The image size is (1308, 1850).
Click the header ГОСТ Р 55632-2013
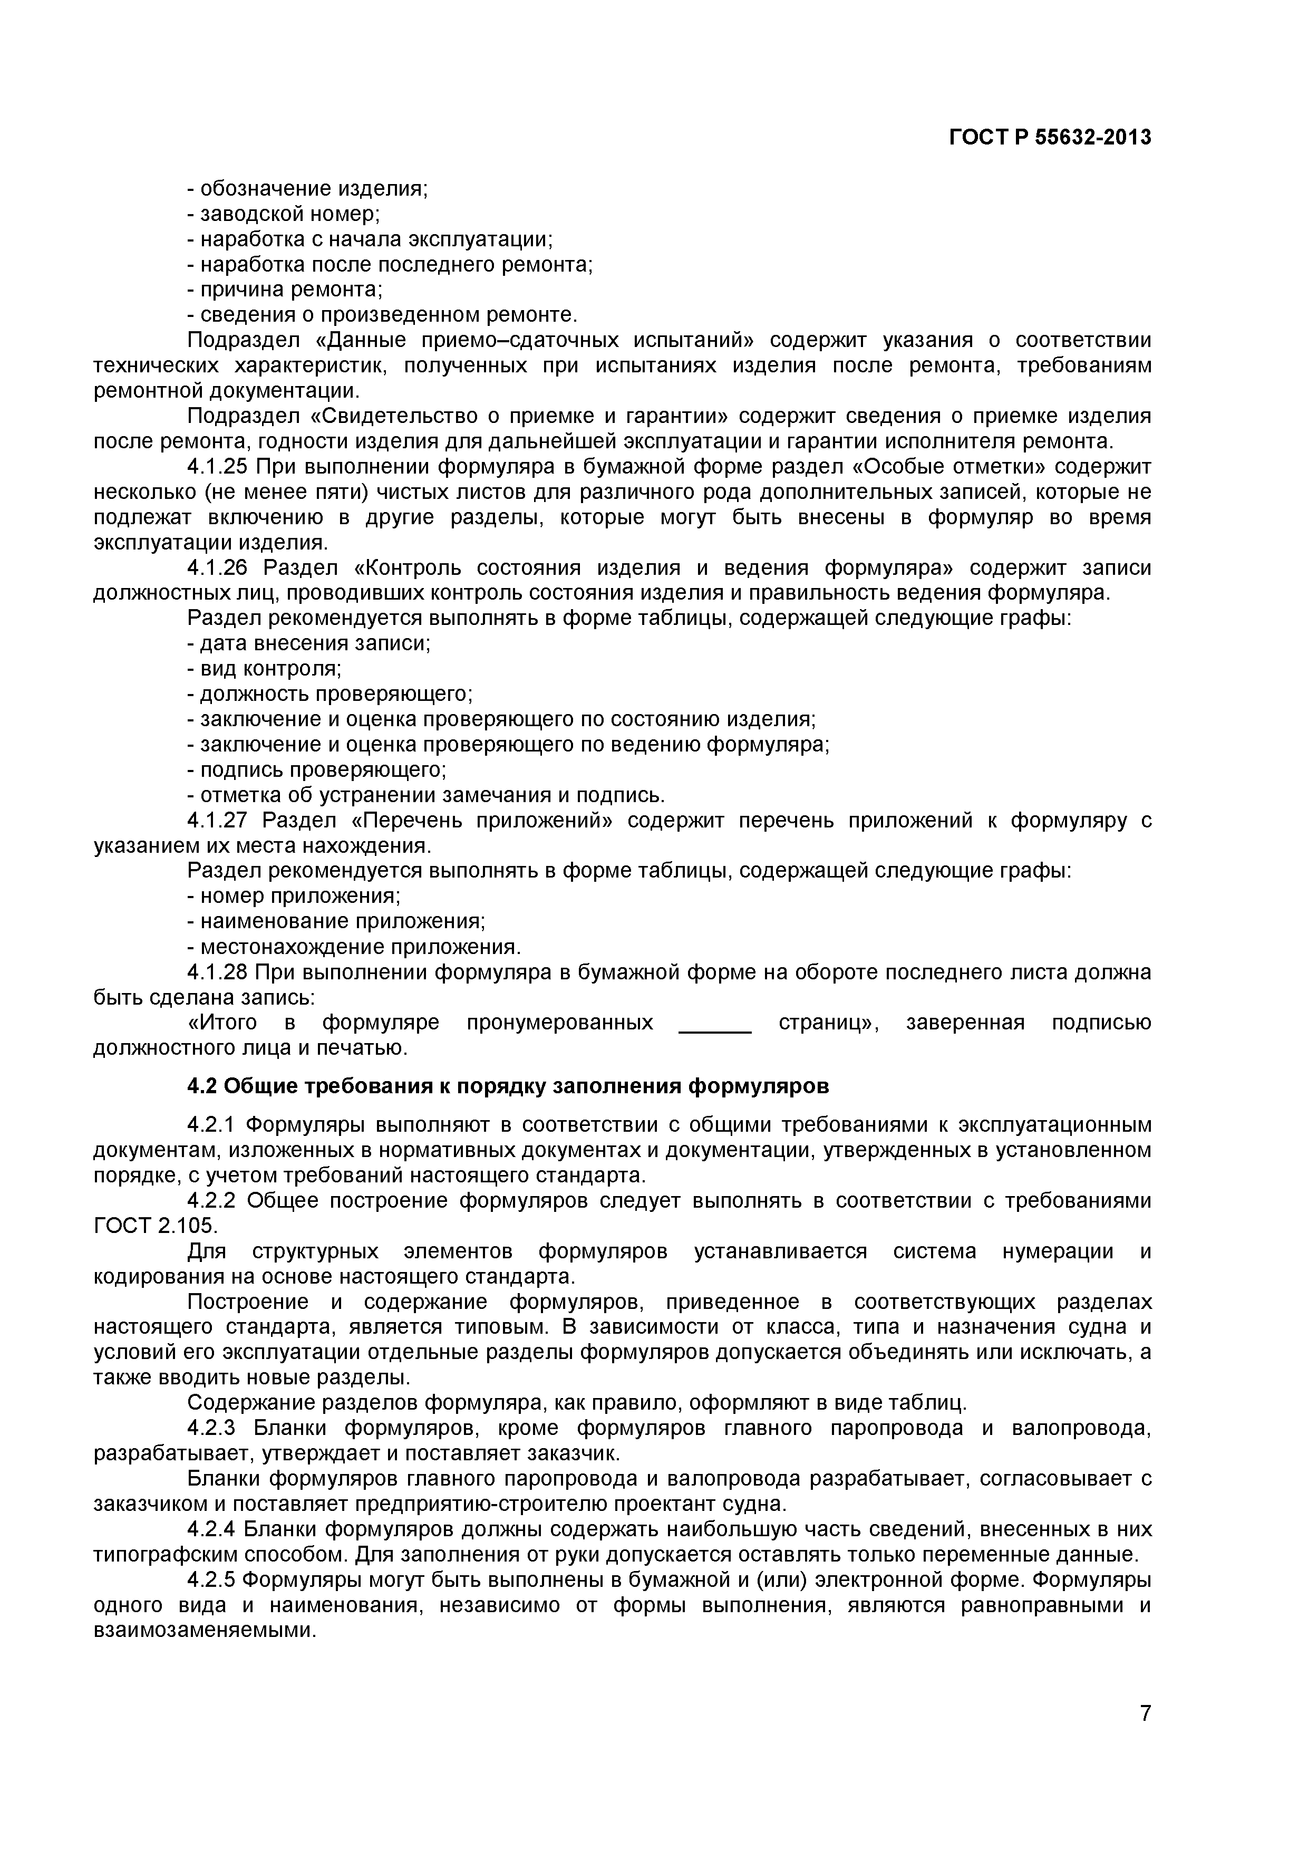point(1050,138)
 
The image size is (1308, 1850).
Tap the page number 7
point(1145,1736)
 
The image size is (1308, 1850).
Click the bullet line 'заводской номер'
point(284,214)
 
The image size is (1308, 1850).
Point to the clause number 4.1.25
point(217,467)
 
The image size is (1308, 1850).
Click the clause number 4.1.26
point(217,568)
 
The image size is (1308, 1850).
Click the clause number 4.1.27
point(217,821)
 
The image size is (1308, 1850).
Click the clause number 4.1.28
point(217,972)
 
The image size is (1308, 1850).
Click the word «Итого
point(222,1023)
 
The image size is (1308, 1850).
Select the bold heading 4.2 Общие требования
point(507,1086)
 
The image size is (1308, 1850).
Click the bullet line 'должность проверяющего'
point(330,694)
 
